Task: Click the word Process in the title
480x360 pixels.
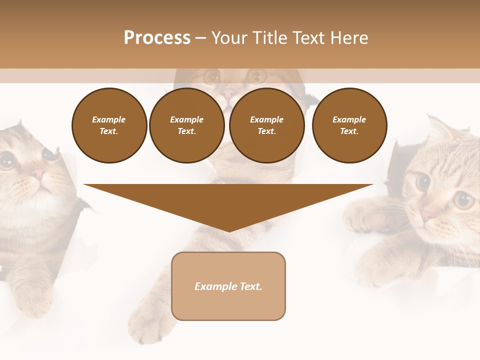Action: pos(157,38)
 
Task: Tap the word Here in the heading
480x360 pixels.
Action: pos(349,38)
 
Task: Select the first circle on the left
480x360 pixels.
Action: pos(109,125)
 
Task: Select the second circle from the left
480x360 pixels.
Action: pos(187,125)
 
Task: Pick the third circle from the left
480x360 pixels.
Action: pos(266,125)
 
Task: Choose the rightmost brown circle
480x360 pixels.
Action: pos(349,125)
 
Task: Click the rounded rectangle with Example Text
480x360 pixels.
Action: pos(228,286)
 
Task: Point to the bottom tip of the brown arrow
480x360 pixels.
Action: pos(228,231)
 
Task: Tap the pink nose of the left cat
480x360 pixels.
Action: pos(38,174)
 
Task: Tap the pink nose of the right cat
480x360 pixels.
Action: pos(426,215)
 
